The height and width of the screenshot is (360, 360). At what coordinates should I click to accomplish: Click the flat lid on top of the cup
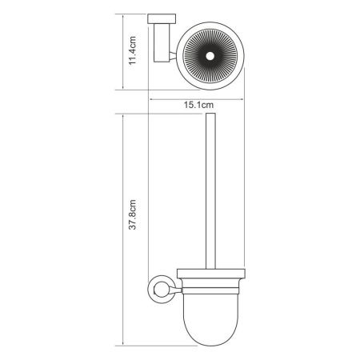(211, 270)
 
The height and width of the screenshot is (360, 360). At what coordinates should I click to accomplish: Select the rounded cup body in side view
(211, 316)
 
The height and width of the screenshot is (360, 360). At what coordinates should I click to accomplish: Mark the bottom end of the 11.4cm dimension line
(125, 90)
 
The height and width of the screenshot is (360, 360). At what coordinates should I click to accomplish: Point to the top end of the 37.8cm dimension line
(125, 113)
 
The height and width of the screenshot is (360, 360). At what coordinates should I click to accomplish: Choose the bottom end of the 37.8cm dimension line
(125, 346)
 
